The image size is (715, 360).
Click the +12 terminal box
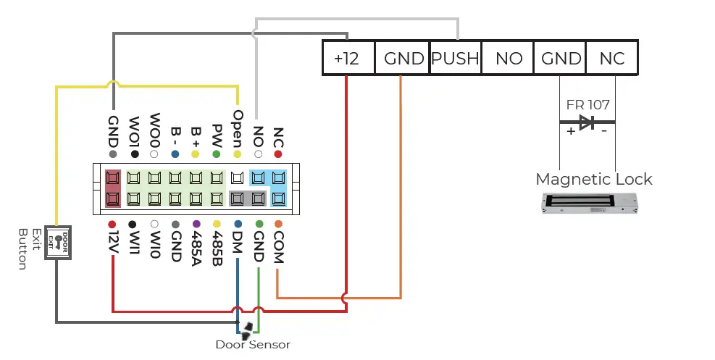(x=348, y=57)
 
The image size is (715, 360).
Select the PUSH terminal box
(x=455, y=57)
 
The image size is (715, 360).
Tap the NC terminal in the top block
(x=612, y=57)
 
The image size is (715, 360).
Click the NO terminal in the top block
(x=508, y=57)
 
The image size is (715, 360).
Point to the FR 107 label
(x=588, y=105)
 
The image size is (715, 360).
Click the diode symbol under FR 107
(x=587, y=122)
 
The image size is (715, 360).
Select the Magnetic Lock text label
(x=594, y=179)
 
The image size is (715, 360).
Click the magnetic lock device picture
(x=589, y=204)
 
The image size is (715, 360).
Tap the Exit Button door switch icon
(x=58, y=243)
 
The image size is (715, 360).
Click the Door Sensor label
(x=253, y=345)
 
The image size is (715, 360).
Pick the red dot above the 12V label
(x=112, y=225)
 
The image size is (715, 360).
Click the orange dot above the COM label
(x=278, y=224)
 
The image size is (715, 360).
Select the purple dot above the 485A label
(x=196, y=224)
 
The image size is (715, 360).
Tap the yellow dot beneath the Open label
(x=237, y=154)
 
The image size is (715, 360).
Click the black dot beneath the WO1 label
(x=135, y=154)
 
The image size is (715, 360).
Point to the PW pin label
(x=217, y=135)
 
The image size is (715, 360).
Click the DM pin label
(x=238, y=242)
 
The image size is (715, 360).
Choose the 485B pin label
(x=217, y=248)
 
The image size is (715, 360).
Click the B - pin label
(x=175, y=136)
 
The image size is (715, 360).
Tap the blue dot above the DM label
(x=238, y=224)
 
